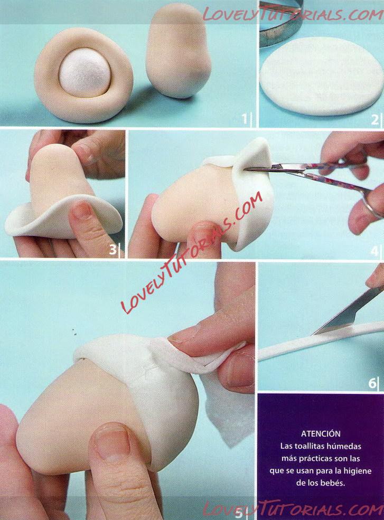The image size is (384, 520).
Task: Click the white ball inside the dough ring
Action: click(x=85, y=72)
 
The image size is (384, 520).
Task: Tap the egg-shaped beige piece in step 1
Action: click(x=178, y=52)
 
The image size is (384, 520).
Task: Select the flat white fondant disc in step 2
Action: click(x=321, y=76)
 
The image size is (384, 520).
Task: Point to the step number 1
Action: click(x=245, y=118)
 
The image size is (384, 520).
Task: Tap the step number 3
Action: click(x=113, y=249)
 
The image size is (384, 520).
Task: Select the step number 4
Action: click(x=374, y=251)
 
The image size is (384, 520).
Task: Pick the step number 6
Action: click(x=372, y=383)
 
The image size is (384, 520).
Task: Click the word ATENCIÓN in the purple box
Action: click(x=321, y=433)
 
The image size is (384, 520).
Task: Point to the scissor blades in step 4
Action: click(x=269, y=168)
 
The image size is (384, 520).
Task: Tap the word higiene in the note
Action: click(x=357, y=470)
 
